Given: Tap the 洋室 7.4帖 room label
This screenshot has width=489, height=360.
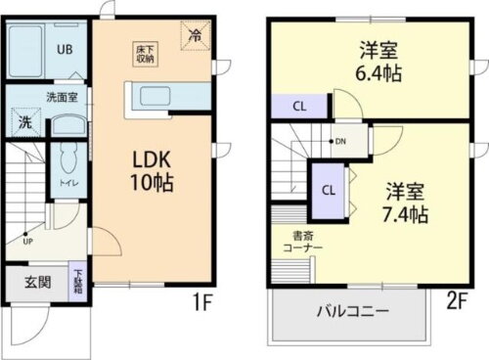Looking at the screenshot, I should coord(404,202).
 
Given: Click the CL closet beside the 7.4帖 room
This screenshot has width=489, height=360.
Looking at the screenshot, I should coord(330,191).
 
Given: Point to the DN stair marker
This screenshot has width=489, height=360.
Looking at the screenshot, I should coord(339,140).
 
